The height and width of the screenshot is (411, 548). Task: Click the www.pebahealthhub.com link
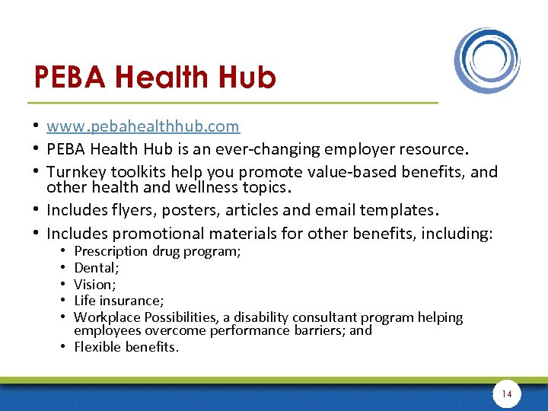142,126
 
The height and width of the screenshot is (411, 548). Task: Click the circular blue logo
487,60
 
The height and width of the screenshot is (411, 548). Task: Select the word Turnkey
80,172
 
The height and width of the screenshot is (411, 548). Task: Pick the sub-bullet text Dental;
96,267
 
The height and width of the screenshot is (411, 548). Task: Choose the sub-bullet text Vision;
95,284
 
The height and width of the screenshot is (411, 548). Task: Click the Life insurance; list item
116,301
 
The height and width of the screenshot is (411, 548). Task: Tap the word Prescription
111,251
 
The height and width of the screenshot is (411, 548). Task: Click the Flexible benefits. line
126,347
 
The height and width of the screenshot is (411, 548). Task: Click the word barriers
316,330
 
